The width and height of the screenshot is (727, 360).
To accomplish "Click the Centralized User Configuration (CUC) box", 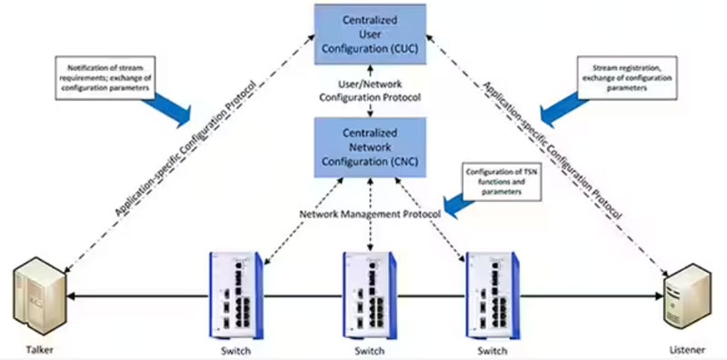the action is (370, 35).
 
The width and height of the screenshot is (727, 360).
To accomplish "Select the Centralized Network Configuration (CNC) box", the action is (370, 147).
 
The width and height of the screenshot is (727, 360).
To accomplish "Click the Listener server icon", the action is (687, 297).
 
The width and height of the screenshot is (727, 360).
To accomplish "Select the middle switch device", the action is (370, 296).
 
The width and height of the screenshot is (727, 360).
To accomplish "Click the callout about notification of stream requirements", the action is (105, 78).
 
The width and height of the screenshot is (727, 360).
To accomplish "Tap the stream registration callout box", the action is (626, 78).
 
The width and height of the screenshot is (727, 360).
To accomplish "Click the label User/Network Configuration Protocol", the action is (370, 91).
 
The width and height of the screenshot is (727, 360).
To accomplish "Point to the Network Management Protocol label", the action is (370, 215).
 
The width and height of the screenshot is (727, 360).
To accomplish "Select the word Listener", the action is (688, 350).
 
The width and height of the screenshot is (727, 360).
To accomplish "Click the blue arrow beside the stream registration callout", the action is (563, 109).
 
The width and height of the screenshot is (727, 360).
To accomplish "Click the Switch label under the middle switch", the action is (370, 350).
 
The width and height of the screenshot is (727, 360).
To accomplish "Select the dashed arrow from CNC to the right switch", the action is (431, 219).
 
